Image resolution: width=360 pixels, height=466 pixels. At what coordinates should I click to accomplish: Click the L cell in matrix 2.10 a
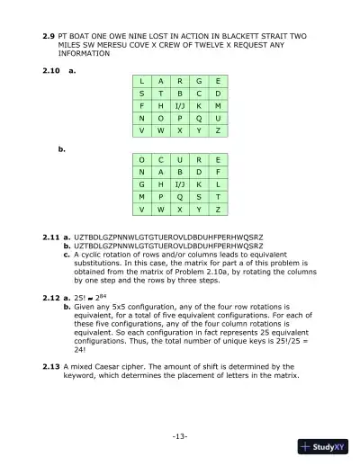140,80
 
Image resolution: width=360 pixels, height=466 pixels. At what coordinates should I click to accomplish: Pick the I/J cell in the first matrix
179,104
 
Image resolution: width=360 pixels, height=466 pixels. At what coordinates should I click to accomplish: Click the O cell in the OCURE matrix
140,157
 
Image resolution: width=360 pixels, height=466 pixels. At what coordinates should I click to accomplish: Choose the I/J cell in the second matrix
179,183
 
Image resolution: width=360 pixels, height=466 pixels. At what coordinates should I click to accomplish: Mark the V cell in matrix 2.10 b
140,208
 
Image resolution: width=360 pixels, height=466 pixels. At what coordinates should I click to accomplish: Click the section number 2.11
52,237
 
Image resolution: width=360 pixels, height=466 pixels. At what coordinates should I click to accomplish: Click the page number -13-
179,436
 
